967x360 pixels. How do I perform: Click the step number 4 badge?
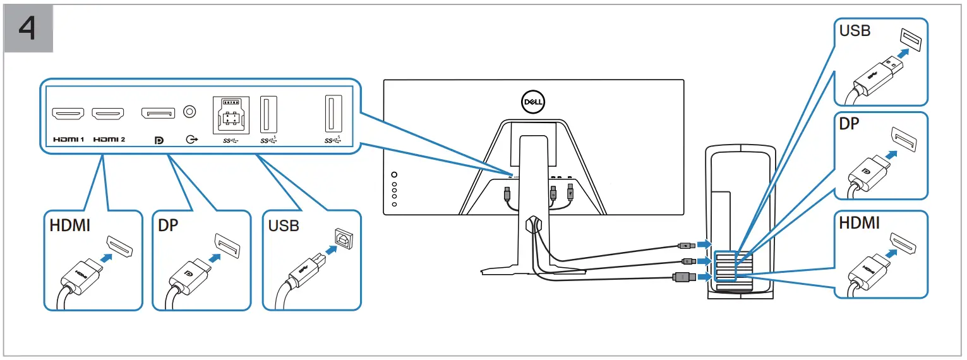[x=28, y=30]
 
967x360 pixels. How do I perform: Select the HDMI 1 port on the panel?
[x=68, y=114]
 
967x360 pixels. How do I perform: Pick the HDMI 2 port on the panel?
[x=108, y=114]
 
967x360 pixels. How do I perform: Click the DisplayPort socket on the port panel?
[x=158, y=114]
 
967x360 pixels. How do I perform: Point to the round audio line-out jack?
[x=188, y=112]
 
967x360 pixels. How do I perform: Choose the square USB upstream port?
[x=231, y=114]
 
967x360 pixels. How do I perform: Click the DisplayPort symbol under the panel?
[x=159, y=140]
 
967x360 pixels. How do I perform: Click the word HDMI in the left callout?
[x=70, y=225]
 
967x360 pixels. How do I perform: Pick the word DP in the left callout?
[x=169, y=225]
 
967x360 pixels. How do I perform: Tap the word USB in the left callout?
[x=284, y=225]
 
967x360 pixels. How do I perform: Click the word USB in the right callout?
[x=855, y=31]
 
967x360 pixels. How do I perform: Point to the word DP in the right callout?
[x=850, y=124]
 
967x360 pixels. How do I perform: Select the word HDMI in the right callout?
[x=859, y=222]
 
